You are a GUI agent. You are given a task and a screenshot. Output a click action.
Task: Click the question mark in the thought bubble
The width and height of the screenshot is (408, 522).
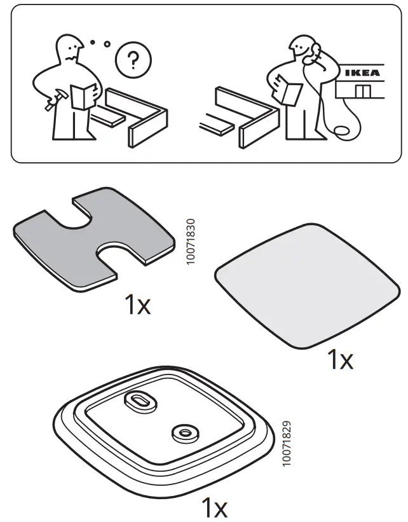(x=132, y=61)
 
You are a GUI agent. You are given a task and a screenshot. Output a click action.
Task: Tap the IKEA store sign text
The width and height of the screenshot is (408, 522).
(x=362, y=72)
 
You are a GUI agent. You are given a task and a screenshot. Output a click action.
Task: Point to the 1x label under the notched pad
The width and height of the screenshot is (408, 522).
(x=137, y=306)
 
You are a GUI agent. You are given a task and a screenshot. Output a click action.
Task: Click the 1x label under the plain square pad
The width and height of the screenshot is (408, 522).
(x=339, y=361)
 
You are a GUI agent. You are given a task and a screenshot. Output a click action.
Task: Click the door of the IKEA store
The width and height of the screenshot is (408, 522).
(x=362, y=91)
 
